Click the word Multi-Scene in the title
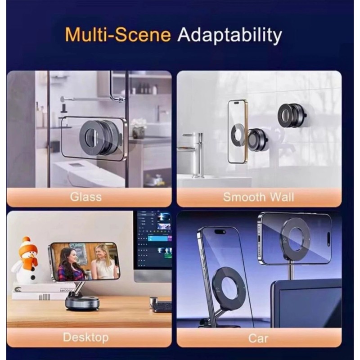click(x=118, y=35)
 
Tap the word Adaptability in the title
click(x=229, y=35)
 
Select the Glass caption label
click(x=86, y=197)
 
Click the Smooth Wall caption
click(x=258, y=197)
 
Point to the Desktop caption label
click(x=86, y=337)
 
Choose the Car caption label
click(x=258, y=338)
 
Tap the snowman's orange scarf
click(x=31, y=260)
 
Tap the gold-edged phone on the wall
click(x=238, y=132)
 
